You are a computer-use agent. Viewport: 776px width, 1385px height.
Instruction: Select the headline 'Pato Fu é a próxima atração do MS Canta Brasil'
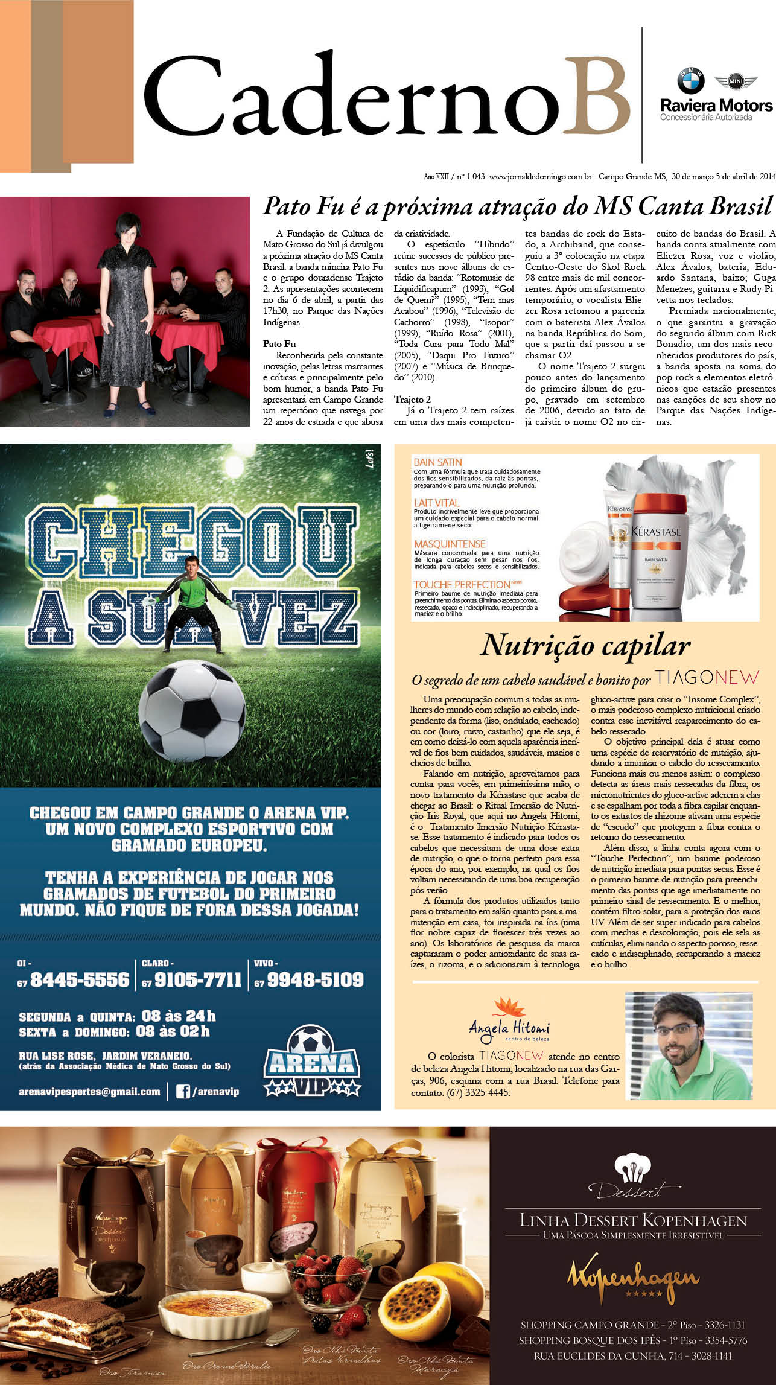(517, 206)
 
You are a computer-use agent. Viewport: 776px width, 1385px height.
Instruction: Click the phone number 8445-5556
(80, 980)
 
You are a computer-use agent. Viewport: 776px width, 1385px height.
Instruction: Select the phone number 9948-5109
(316, 980)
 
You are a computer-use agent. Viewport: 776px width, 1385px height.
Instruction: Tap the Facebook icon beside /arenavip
(183, 1091)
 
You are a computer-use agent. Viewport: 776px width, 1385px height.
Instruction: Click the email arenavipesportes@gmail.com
(89, 1092)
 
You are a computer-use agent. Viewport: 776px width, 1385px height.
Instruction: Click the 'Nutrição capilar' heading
(585, 645)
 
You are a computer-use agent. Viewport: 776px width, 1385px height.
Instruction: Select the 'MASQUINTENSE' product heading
(449, 543)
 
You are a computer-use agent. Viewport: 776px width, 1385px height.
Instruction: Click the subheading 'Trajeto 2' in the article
(412, 400)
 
